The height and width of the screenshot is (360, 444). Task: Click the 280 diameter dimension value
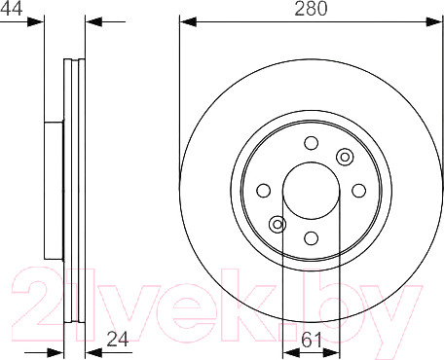point(312,9)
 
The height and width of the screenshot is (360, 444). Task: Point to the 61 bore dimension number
point(312,340)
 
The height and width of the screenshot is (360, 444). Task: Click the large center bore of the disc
point(311,191)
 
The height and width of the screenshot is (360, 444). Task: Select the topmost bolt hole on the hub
point(311,144)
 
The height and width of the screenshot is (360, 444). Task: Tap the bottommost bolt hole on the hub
point(311,238)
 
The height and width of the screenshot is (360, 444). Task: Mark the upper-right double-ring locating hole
point(344,157)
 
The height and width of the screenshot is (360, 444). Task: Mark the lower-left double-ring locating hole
point(277,226)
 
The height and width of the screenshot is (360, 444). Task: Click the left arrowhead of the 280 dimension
point(186,20)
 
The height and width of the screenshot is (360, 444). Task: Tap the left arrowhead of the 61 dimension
point(287,351)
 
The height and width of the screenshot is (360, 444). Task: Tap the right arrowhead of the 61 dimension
point(335,351)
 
